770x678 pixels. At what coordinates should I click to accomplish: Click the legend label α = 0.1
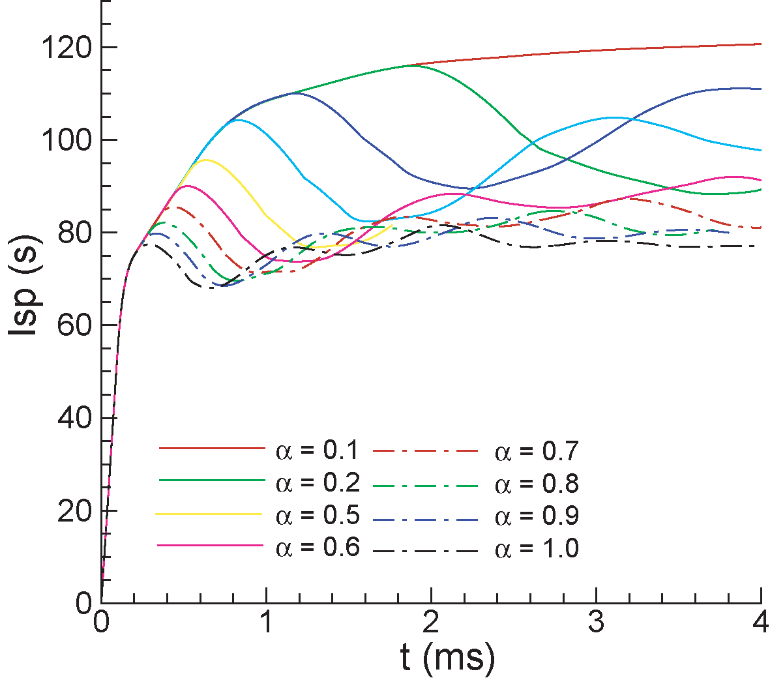pyautogui.click(x=318, y=451)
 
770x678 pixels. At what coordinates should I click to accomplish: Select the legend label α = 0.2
pyautogui.click(x=318, y=483)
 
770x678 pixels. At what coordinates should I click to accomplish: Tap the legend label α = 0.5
pyautogui.click(x=318, y=515)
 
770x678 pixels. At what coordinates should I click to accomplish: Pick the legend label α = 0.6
pyautogui.click(x=318, y=547)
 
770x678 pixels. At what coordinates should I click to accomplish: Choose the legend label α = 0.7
pyautogui.click(x=537, y=451)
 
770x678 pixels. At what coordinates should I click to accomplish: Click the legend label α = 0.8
pyautogui.click(x=537, y=484)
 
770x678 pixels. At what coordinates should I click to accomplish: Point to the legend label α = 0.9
pyautogui.click(x=537, y=516)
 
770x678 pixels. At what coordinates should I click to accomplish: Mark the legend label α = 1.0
pyautogui.click(x=537, y=548)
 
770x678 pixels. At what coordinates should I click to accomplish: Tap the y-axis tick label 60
pyautogui.click(x=74, y=325)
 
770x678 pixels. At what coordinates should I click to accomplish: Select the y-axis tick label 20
pyautogui.click(x=74, y=510)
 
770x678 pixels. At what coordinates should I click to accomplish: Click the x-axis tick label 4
pyautogui.click(x=760, y=623)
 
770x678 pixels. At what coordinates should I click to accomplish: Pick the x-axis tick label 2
pyautogui.click(x=430, y=623)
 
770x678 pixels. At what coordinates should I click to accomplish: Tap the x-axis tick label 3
pyautogui.click(x=596, y=623)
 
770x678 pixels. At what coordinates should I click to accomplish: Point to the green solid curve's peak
pyautogui.click(x=415, y=65)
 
